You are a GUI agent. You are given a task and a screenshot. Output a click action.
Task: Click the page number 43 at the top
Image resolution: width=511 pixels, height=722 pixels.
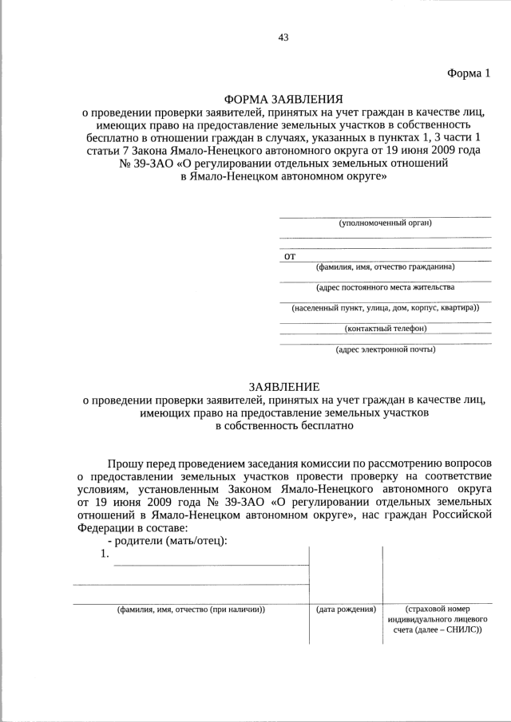(x=283, y=37)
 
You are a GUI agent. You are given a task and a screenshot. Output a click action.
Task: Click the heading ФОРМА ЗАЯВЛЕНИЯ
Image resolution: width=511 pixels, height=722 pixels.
(x=283, y=99)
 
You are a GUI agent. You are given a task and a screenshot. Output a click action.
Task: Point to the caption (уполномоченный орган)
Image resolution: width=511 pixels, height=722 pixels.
(x=385, y=223)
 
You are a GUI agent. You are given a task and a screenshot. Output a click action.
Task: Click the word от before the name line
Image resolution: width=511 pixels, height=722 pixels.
(x=290, y=256)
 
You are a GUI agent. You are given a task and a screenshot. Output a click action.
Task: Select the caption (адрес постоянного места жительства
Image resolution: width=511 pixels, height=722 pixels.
(x=385, y=287)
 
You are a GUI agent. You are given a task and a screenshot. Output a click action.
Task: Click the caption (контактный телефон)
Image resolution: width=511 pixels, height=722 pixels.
(x=385, y=328)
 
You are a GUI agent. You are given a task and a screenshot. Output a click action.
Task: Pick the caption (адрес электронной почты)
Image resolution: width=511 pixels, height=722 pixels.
(x=385, y=349)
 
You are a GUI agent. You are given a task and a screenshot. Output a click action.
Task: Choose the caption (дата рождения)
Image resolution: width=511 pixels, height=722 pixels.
(x=346, y=610)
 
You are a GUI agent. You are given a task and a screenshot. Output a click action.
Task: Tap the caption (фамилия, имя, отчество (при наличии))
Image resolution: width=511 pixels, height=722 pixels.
(x=191, y=610)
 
